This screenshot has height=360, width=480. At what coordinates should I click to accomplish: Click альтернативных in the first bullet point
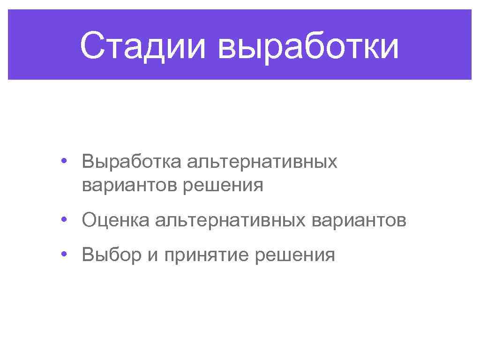[x=262, y=162]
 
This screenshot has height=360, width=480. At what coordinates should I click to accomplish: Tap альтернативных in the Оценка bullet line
[x=228, y=220]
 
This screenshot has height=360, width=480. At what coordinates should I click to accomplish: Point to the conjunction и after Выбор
[x=153, y=256]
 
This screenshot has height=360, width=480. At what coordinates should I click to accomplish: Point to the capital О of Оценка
[x=89, y=220]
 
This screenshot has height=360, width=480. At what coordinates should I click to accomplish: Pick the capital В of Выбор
[x=88, y=255]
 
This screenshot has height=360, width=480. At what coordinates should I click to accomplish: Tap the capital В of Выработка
[x=88, y=162]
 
